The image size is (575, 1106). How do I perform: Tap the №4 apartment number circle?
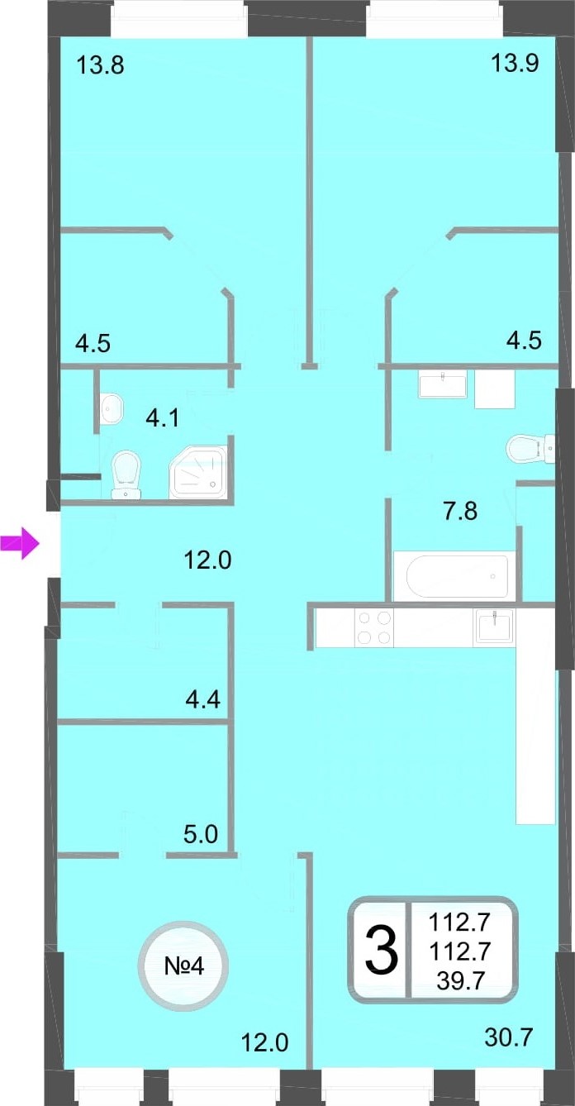click(183, 966)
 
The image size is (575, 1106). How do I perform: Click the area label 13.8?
click(100, 65)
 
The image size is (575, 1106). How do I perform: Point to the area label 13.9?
click(515, 63)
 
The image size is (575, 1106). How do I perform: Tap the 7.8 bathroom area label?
click(460, 511)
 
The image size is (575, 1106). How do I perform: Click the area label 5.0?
click(201, 834)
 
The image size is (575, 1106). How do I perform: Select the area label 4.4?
click(203, 699)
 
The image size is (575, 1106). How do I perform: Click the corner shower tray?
click(198, 472)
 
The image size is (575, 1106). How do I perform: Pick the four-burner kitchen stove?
click(374, 627)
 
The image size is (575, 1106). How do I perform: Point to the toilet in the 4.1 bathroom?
click(126, 474)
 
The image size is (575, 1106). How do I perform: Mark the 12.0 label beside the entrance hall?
click(208, 560)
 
